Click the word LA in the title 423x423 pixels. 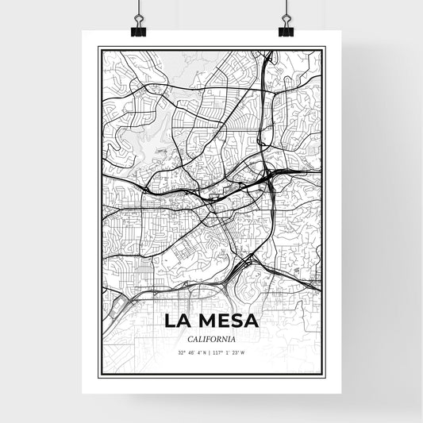179,322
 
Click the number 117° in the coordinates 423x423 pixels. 221,352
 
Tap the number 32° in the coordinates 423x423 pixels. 182,352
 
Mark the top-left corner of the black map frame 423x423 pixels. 98,48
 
